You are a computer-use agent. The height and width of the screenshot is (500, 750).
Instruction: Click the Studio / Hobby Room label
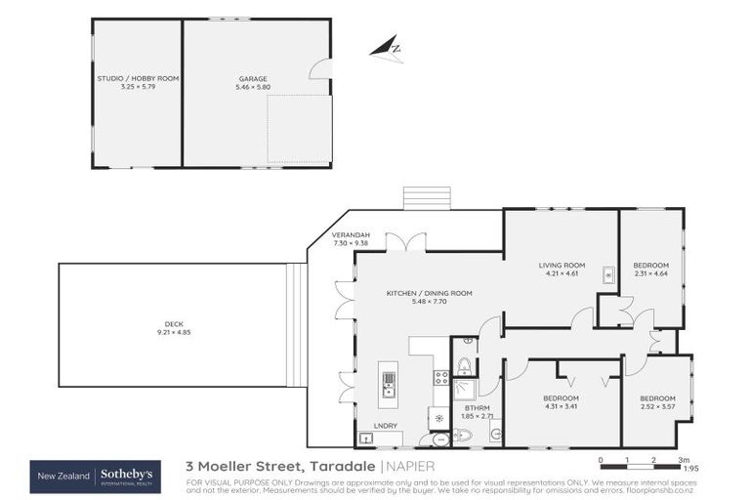coord(138,78)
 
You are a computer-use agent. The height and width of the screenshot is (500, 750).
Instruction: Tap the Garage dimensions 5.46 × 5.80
coord(252,87)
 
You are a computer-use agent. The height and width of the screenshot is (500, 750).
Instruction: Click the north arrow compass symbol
coord(388,49)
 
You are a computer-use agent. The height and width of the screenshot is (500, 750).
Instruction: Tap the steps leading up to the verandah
coord(426,198)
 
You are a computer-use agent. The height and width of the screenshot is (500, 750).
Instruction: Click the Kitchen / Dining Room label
coord(429,293)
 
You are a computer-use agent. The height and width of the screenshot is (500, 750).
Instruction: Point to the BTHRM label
coord(477,408)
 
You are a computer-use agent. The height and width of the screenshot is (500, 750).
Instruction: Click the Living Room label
coord(562,266)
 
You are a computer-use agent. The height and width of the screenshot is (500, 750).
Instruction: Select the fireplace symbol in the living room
coord(607,274)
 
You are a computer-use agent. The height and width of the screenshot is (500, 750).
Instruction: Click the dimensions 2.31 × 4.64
coord(650,273)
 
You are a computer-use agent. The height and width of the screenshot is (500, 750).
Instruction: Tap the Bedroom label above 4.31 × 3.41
coord(561,397)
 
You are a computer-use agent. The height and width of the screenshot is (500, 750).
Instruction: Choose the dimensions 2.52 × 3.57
coord(657,406)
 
